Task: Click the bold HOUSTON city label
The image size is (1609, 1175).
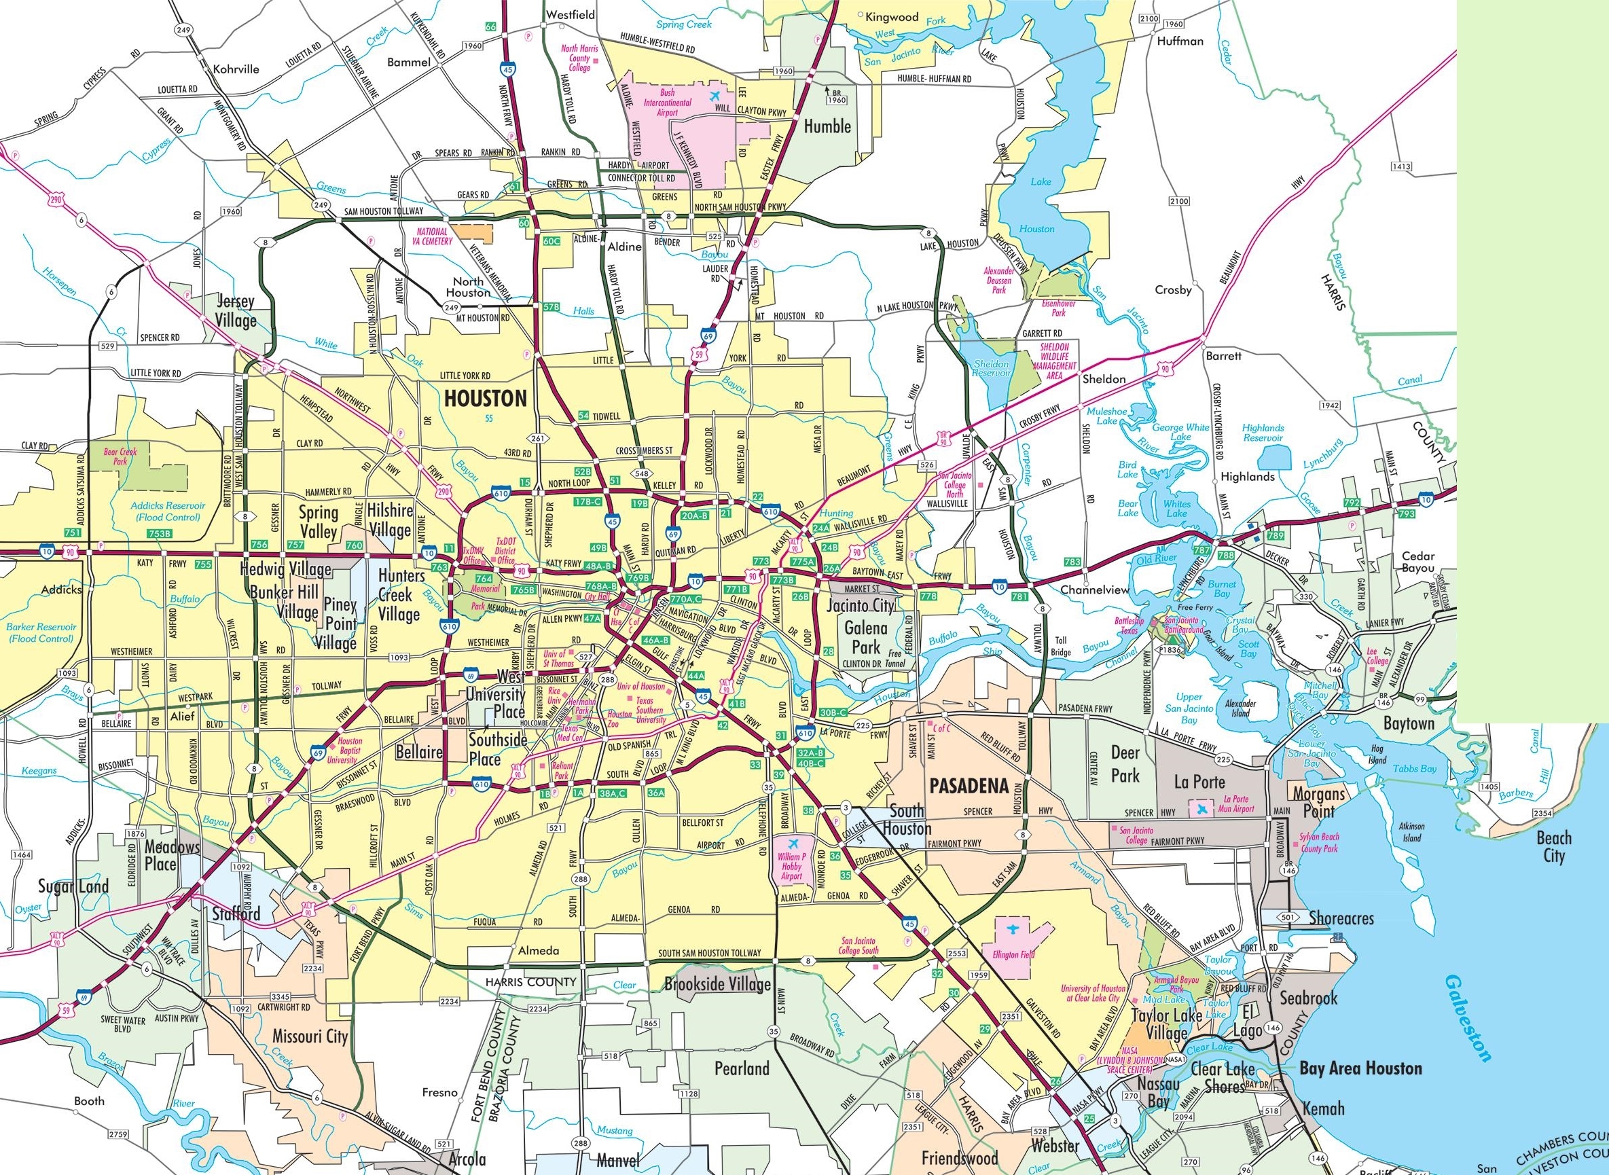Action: click(x=485, y=398)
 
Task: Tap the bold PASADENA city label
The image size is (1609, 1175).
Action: click(x=969, y=786)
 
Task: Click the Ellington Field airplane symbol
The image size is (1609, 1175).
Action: click(x=1010, y=930)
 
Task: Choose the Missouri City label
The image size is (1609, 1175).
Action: click(x=310, y=1036)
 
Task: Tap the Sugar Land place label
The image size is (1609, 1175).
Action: click(x=73, y=886)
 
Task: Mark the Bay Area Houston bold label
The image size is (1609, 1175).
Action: click(x=1360, y=1068)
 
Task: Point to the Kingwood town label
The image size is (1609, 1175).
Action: click(x=892, y=16)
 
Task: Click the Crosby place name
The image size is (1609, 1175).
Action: click(x=1173, y=289)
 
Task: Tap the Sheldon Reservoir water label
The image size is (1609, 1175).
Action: click(x=991, y=367)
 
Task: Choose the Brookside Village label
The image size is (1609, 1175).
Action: click(x=717, y=984)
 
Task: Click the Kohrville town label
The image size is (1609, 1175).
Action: click(x=236, y=69)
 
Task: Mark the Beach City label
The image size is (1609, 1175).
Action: click(x=1553, y=846)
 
